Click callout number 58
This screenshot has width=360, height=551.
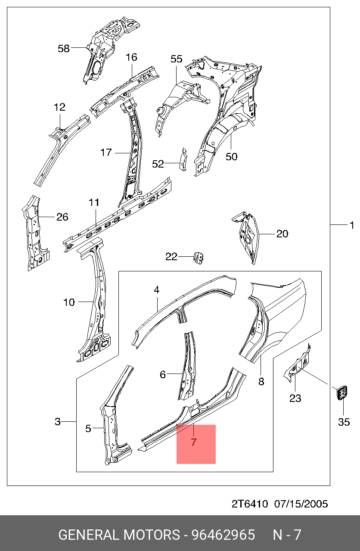(64, 48)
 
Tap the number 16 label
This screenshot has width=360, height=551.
(131, 57)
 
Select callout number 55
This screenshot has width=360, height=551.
(176, 59)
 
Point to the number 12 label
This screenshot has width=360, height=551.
(59, 107)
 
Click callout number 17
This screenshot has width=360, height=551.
(106, 153)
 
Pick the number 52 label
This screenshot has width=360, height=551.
(158, 164)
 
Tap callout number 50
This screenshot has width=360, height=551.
(231, 157)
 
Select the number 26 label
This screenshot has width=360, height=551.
(62, 217)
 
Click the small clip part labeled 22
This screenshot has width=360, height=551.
(199, 258)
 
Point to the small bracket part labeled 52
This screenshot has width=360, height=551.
(183, 159)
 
